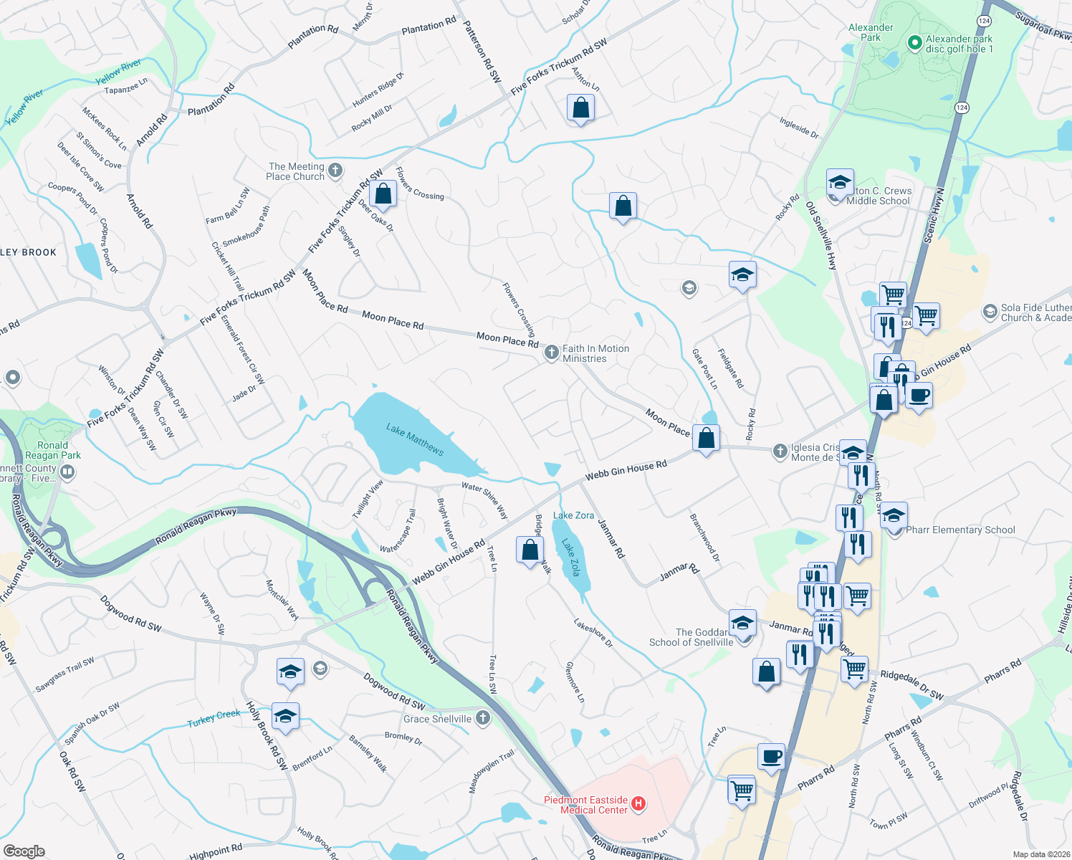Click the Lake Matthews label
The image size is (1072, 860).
[415, 439]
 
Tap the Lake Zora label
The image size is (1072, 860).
[573, 515]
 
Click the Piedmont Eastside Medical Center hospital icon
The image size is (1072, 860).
[638, 804]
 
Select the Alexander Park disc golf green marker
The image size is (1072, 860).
[914, 43]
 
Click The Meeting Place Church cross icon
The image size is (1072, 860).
[335, 171]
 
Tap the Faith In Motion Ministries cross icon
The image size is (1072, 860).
[551, 352]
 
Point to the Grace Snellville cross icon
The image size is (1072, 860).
[484, 717]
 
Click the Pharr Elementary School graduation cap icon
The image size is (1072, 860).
[894, 516]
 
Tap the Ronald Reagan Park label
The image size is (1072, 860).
[53, 450]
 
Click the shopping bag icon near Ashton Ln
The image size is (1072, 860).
[580, 108]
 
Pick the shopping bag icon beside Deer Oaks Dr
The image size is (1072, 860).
[383, 194]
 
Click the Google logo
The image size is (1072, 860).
[24, 851]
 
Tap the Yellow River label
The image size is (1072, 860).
[119, 72]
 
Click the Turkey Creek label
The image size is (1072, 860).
[214, 718]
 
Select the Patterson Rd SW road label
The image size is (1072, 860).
[482, 52]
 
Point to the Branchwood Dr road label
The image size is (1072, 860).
[704, 537]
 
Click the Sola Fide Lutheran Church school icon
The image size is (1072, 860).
[990, 312]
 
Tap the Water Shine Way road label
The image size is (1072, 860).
[484, 500]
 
